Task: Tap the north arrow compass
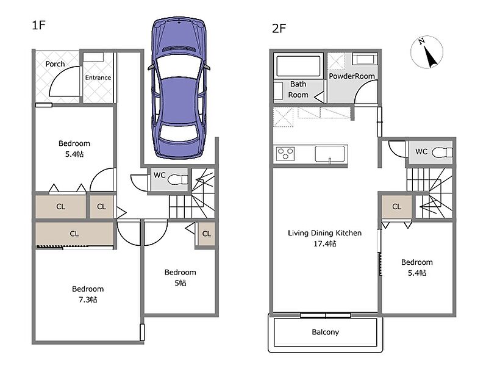click(x=427, y=52)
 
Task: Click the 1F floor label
click(x=39, y=25)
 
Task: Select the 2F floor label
click(x=279, y=29)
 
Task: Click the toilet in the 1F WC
click(x=177, y=179)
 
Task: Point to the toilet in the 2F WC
click(x=442, y=152)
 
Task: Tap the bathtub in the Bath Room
click(x=298, y=66)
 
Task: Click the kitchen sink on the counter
click(x=331, y=154)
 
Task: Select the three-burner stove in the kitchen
click(x=285, y=154)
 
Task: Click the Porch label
click(x=55, y=64)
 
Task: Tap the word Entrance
click(x=98, y=77)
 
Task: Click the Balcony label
click(x=325, y=332)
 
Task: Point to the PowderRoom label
click(x=351, y=76)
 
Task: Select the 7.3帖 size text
click(x=88, y=300)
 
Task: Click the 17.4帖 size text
click(x=324, y=244)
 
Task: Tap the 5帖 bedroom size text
click(x=180, y=283)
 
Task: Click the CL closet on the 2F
click(x=397, y=207)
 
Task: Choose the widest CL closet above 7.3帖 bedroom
click(x=74, y=234)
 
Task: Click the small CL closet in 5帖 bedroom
click(x=207, y=234)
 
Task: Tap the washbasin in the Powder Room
click(x=365, y=59)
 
